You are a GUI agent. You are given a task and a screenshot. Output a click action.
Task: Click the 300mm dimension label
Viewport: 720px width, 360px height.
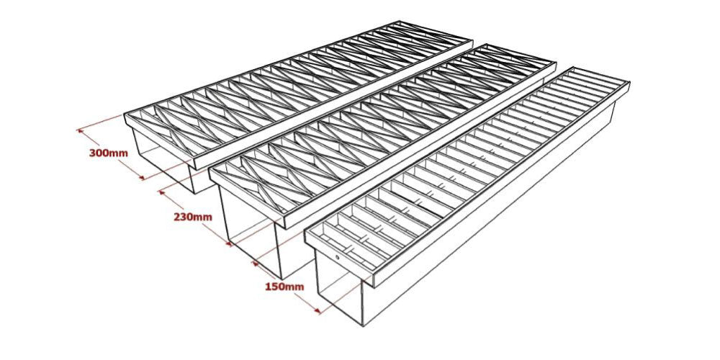[x=108, y=153]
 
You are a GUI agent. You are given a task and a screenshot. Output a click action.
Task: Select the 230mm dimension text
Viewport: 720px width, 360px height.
[x=193, y=217]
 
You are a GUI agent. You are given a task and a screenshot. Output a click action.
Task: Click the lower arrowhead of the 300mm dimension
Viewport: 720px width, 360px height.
[x=143, y=176]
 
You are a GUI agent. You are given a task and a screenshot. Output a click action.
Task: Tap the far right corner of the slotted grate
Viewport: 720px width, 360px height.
[x=629, y=85]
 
